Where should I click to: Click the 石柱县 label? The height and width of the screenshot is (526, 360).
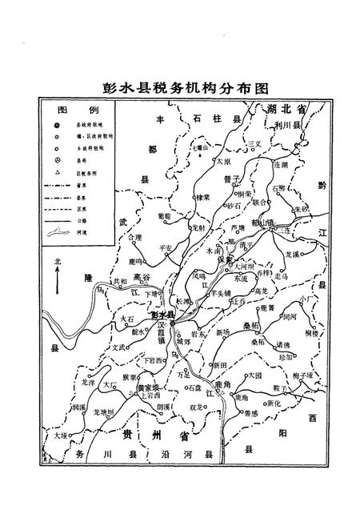tap(215, 119)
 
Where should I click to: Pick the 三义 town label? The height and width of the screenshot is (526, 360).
tap(255, 144)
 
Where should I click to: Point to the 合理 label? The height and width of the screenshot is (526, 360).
tap(134, 237)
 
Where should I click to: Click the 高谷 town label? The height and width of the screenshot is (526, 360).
tap(142, 277)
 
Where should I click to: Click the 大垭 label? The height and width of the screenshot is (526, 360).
tap(62, 437)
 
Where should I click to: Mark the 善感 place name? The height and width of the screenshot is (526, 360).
tap(250, 413)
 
